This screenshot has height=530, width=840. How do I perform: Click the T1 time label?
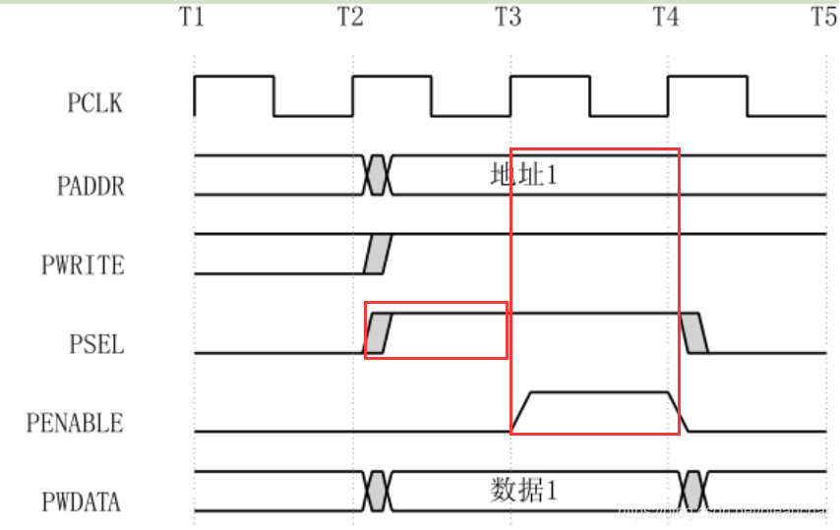[194, 17]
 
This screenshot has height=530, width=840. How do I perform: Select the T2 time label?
[351, 17]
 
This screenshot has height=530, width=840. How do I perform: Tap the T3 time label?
[509, 17]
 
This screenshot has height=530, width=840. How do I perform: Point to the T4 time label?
[667, 17]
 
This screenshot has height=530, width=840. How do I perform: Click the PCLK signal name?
[95, 102]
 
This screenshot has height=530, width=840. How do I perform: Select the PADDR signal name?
[90, 184]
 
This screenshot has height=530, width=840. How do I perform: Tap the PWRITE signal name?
[84, 264]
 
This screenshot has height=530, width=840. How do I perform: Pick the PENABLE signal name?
[76, 424]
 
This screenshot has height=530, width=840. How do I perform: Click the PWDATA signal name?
[82, 502]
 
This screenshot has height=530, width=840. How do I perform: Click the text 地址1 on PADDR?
[523, 176]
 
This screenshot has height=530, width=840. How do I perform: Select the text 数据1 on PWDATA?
[523, 491]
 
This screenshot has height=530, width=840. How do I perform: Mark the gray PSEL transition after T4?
[694, 333]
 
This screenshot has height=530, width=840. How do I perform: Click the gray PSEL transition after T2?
[379, 333]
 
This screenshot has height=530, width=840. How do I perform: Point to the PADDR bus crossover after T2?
[378, 175]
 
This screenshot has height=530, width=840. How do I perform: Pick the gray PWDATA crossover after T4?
[693, 491]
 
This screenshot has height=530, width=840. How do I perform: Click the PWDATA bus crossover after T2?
[378, 491]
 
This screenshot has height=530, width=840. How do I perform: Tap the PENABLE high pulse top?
[599, 392]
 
